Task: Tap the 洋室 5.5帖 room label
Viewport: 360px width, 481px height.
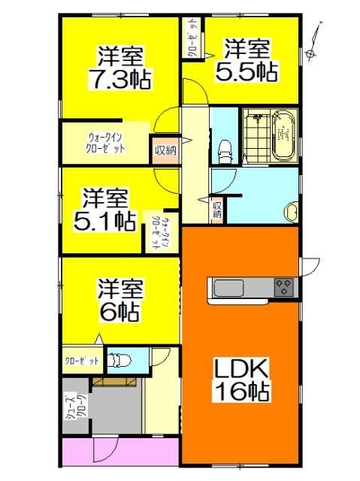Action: pyautogui.click(x=247, y=61)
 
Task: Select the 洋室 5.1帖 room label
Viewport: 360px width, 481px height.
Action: pyautogui.click(x=106, y=210)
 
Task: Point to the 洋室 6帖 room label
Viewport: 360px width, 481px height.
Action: pyautogui.click(x=119, y=300)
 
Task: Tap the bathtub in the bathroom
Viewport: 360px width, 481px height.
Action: pyautogui.click(x=283, y=135)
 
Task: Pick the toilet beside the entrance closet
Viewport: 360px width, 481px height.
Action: pyautogui.click(x=119, y=362)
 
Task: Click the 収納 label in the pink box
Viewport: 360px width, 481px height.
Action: pyautogui.click(x=165, y=150)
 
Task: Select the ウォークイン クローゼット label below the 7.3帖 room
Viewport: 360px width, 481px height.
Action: pyautogui.click(x=106, y=143)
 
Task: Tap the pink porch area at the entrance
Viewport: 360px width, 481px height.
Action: pyautogui.click(x=120, y=452)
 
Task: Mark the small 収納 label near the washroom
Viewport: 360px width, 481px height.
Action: pyautogui.click(x=217, y=210)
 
